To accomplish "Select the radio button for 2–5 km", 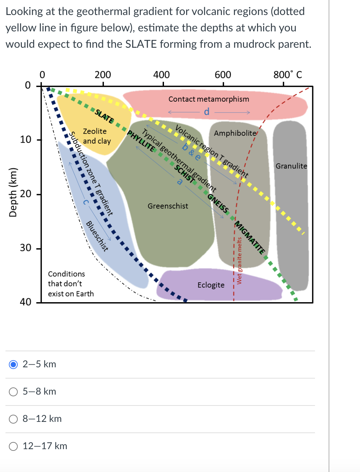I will coord(13,364).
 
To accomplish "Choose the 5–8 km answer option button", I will coord(13,392).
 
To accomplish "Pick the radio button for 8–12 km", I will coord(13,419).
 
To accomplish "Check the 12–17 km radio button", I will coord(13,446).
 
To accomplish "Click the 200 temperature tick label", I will coord(103,75).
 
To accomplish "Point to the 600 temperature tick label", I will coord(223,75).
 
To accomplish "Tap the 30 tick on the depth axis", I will coord(26,248).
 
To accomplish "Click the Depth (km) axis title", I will coord(13,192).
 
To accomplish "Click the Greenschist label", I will coord(168,206).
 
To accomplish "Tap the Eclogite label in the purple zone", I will coord(211,285).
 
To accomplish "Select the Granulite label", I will coord(291,166).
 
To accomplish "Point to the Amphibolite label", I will coord(235,133).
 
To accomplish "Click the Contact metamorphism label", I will coord(209,99).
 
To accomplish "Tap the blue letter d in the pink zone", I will coord(207,112).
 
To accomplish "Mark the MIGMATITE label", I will coord(250,238).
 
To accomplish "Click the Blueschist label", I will coord(97,236).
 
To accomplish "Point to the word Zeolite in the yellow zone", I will coord(95,131).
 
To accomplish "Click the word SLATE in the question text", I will coord(141,44).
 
